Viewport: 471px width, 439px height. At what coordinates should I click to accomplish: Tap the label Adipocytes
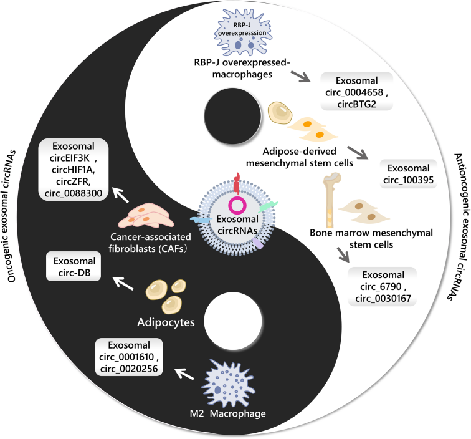(x=164, y=323)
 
